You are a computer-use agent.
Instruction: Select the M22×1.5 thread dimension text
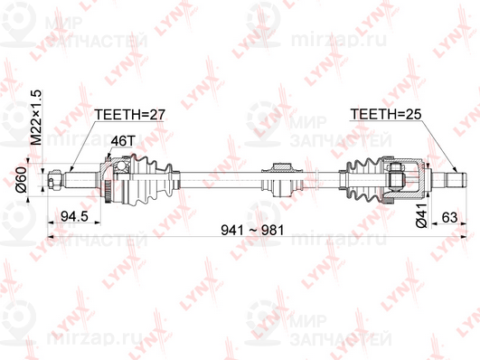coord(37,117)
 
